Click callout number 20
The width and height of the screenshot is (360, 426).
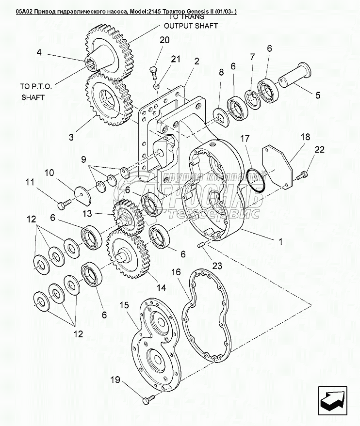(x=164, y=40)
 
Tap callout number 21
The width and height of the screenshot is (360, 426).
(x=175, y=59)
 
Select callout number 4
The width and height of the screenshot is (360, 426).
(x=39, y=52)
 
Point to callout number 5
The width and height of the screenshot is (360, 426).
(x=318, y=95)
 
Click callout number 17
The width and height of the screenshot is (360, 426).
(x=247, y=139)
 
